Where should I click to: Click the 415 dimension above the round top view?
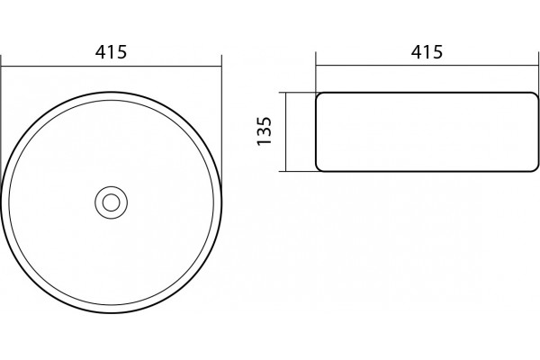pos(111,51)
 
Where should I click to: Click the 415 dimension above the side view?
pos(427,51)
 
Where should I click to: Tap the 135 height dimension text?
pos(265,131)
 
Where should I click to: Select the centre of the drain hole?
pos(111,202)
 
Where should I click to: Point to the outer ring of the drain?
pos(111,186)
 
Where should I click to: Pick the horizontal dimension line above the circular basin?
pos(111,66)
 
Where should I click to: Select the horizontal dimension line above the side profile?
pos(427,65)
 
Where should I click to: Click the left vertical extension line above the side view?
pos(316,72)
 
